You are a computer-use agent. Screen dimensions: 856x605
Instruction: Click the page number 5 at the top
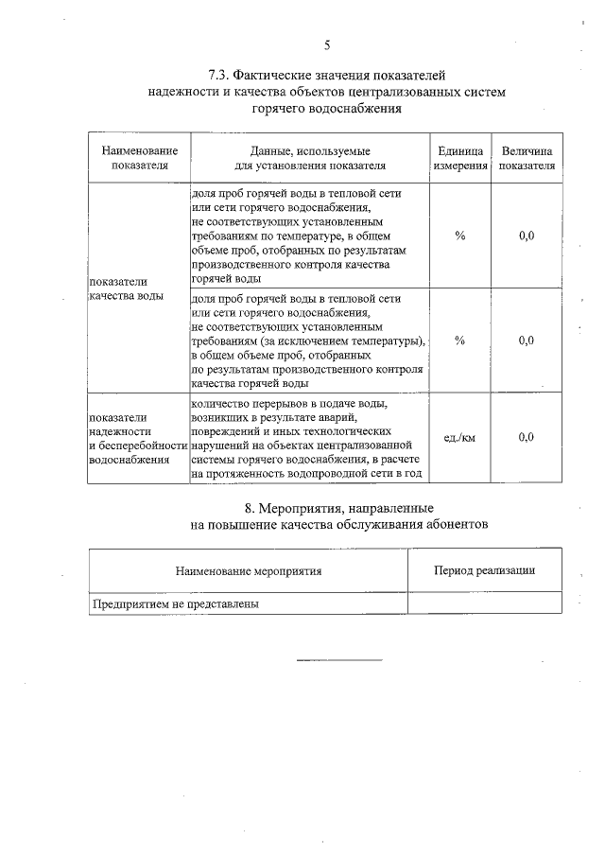point(327,44)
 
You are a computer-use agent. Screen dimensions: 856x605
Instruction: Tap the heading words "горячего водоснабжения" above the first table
point(326,109)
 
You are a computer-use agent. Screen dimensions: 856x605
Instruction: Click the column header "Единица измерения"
point(460,157)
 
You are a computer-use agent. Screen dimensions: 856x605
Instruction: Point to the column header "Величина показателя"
point(527,157)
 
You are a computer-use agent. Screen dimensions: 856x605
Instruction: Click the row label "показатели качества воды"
point(125,288)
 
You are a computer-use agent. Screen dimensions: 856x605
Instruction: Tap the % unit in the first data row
point(459,236)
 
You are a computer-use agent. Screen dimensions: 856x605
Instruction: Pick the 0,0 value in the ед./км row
point(527,437)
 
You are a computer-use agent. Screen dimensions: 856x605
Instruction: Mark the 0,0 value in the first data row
point(527,236)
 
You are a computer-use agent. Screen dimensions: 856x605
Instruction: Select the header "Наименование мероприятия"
point(249,570)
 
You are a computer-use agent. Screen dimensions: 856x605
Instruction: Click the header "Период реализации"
point(484,570)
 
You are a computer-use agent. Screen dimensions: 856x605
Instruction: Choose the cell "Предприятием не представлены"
point(175,603)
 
